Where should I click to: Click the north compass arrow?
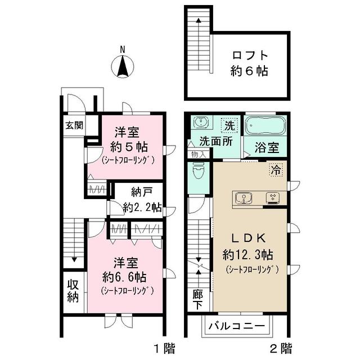123,67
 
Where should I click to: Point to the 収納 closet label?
73,291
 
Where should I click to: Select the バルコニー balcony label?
236,326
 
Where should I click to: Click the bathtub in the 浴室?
266,125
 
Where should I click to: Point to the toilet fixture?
199,169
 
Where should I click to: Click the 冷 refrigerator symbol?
276,168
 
